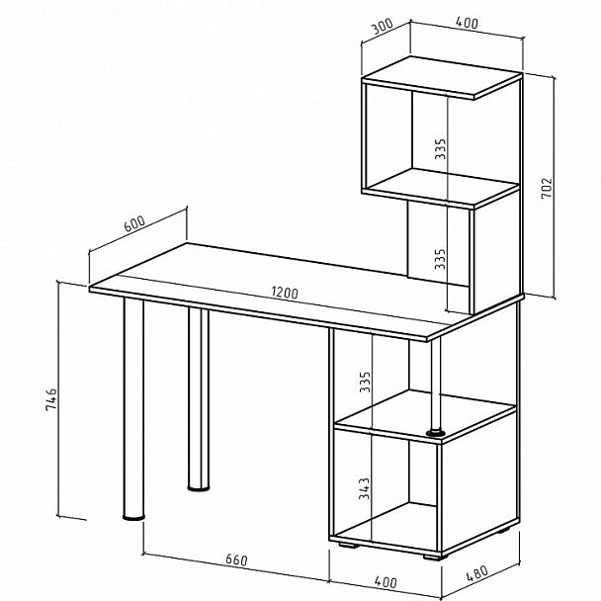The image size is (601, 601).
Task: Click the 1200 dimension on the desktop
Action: click(285, 293)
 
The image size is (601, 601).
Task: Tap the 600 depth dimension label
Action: click(134, 223)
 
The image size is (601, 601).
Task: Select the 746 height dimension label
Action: click(51, 399)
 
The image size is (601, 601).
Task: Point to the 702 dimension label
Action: click(547, 188)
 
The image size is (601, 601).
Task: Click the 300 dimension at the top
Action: click(383, 27)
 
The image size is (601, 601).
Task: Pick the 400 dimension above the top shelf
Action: click(467, 23)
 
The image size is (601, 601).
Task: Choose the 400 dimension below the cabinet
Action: click(385, 582)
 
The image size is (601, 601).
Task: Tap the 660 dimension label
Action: click(236, 560)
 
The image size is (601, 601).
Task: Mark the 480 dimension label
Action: click(477, 573)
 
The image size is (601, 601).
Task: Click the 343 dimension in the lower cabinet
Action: click(365, 488)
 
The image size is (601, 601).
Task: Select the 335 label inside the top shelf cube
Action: click(441, 148)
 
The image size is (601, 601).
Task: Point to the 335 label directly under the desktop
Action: click(365, 382)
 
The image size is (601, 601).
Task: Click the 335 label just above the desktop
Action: click(441, 259)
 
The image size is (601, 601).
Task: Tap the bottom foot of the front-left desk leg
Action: click(133, 517)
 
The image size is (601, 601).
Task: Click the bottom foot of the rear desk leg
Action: click(199, 488)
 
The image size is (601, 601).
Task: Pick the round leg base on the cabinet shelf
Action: click(435, 433)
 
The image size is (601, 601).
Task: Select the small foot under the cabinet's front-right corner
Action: click(435, 557)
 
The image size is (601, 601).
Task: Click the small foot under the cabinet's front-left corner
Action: click(349, 545)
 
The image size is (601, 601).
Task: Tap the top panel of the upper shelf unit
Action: click(442, 78)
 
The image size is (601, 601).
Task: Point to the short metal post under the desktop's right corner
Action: click(435, 385)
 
